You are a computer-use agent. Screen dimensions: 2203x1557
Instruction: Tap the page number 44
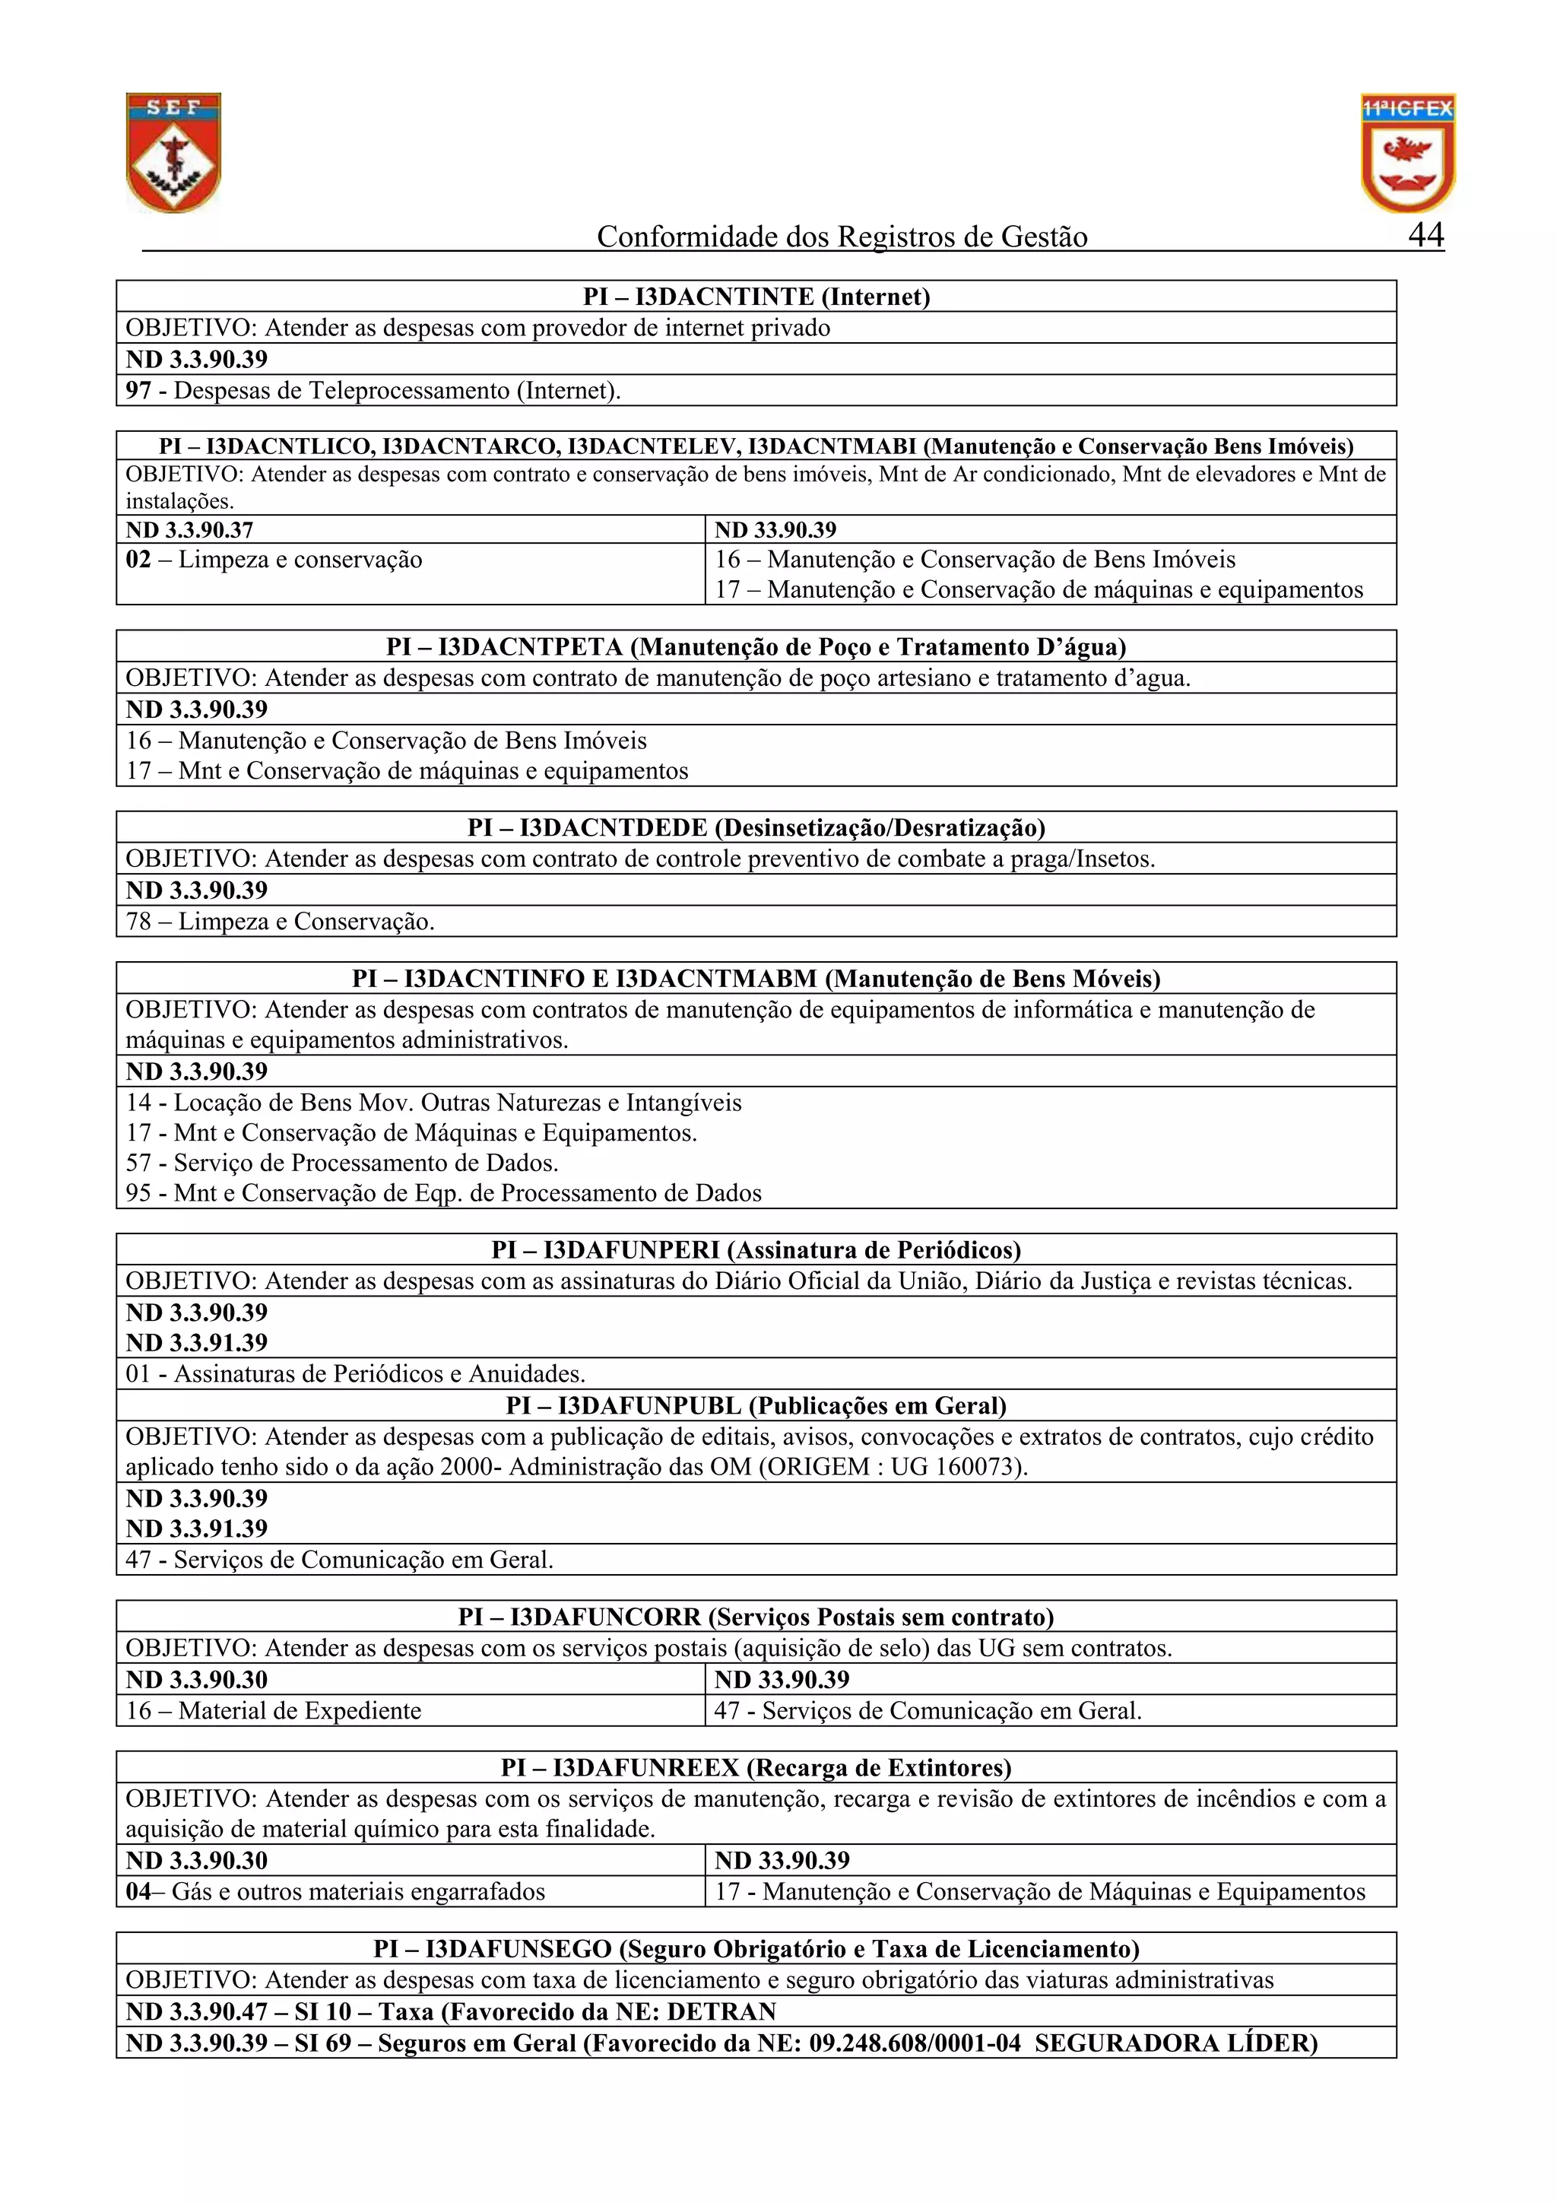[x=1425, y=235]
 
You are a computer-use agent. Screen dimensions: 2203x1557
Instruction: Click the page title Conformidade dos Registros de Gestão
[x=842, y=237]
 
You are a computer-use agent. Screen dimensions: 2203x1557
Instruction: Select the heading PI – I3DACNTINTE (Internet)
[x=756, y=297]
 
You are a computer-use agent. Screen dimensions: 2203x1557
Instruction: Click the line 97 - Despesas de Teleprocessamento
[x=373, y=391]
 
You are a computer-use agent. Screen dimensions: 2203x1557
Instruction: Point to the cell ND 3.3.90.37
[x=190, y=529]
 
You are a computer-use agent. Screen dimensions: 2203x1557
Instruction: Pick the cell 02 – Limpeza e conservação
[x=274, y=560]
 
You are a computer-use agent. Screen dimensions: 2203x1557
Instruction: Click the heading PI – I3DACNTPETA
[x=756, y=646]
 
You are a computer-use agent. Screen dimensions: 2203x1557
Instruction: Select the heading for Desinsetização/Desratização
[x=756, y=827]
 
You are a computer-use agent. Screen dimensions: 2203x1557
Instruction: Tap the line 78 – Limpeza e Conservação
[x=280, y=922]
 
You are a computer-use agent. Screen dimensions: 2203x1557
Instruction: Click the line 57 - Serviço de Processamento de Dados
[x=341, y=1163]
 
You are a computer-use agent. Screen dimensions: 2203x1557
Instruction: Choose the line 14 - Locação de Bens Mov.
[x=433, y=1103]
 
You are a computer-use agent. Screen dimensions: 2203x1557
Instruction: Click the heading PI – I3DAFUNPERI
[x=756, y=1250]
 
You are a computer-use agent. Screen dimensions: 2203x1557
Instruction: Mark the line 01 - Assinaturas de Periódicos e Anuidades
[x=355, y=1374]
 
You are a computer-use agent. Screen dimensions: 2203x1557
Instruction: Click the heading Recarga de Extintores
[x=756, y=1767]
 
